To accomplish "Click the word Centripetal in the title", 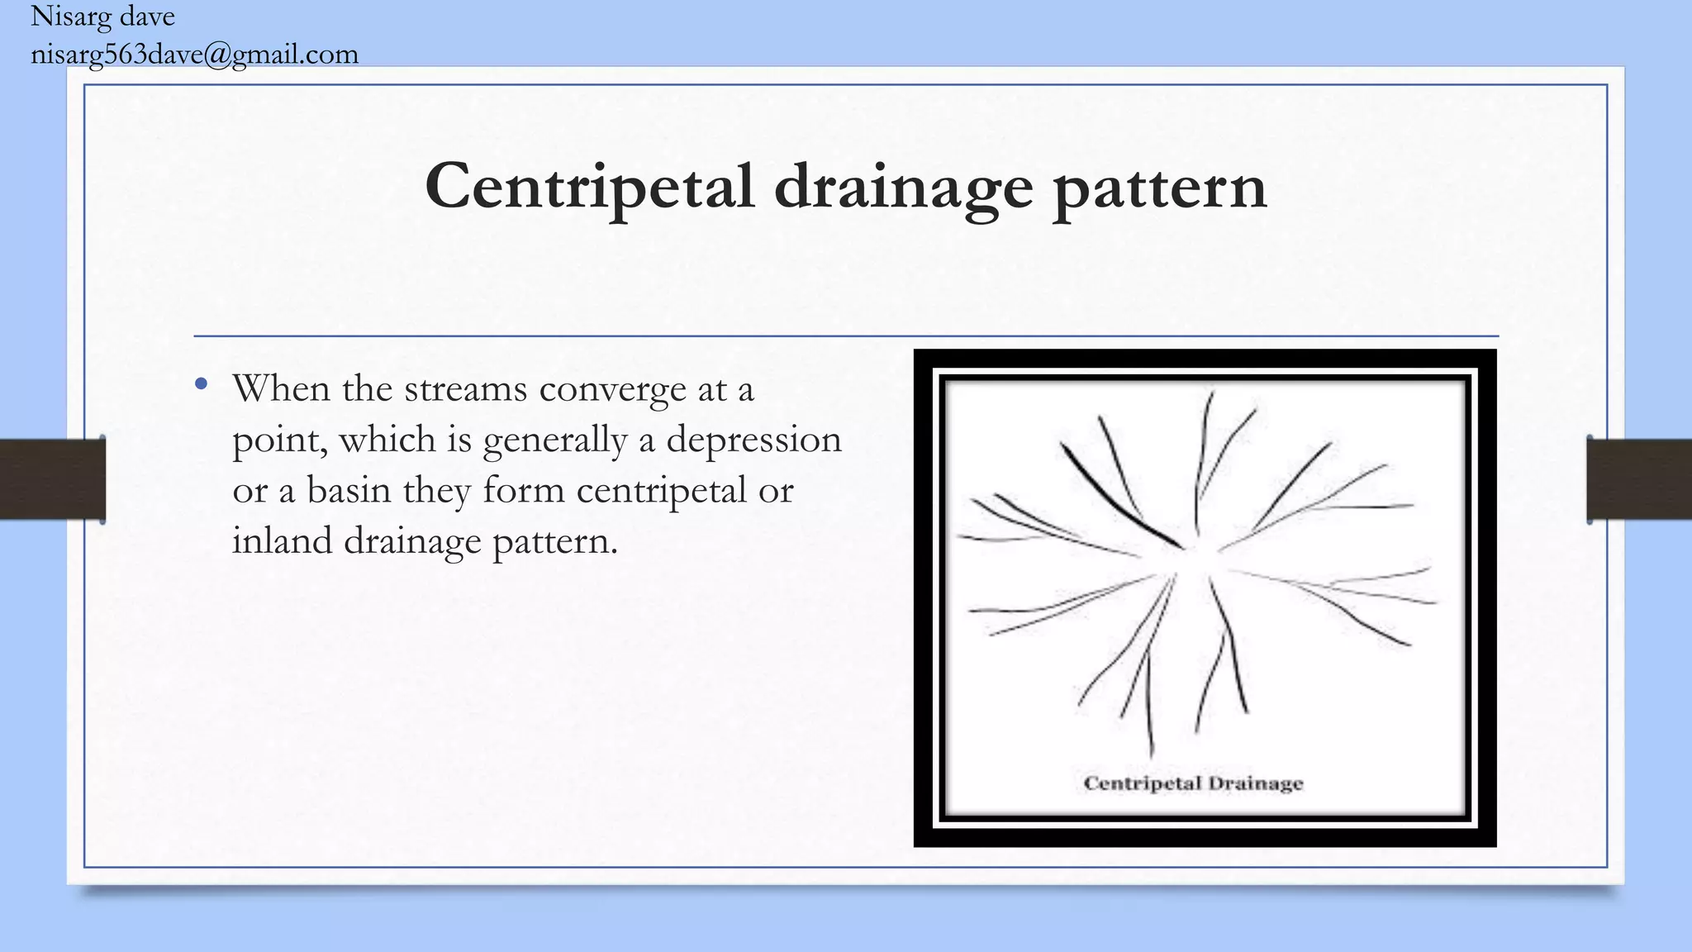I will tap(589, 187).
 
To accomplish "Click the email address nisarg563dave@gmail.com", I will tap(194, 55).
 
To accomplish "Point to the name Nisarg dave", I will tap(102, 17).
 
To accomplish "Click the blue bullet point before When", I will tap(201, 384).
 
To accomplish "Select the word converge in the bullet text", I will tap(612, 389).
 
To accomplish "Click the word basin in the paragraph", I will tap(349, 490).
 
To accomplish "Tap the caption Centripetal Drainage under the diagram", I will tap(1193, 783).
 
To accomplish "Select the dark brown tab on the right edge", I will tap(1639, 479).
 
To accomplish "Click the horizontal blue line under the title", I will tap(846, 336).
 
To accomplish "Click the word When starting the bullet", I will tap(281, 388).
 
